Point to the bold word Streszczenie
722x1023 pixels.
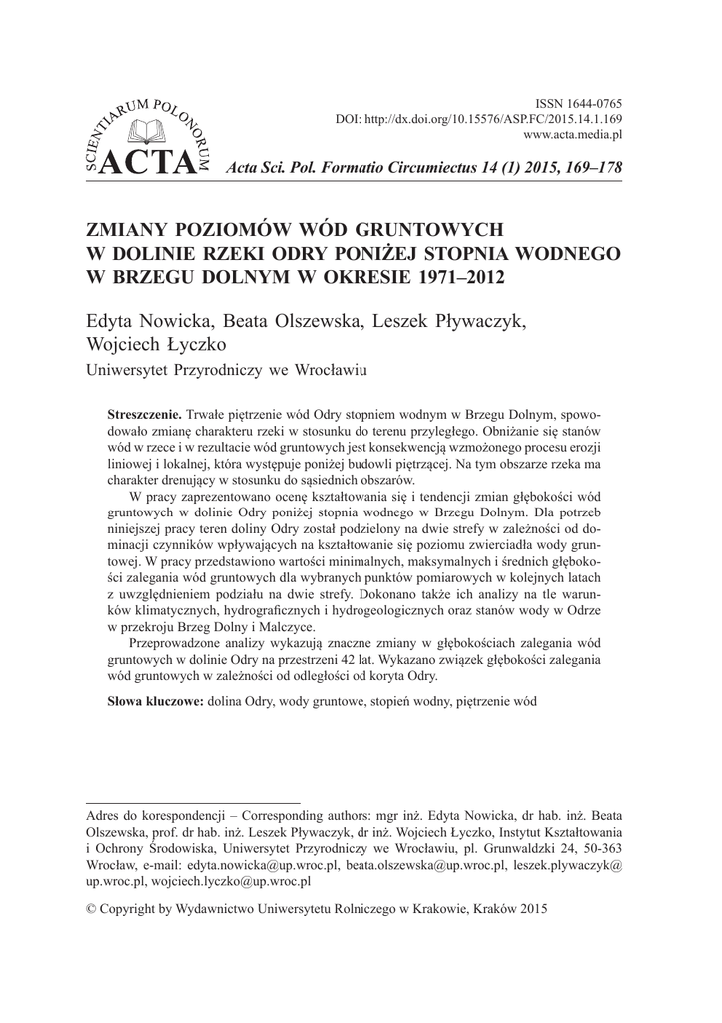(144, 413)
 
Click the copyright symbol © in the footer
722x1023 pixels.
(92, 909)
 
